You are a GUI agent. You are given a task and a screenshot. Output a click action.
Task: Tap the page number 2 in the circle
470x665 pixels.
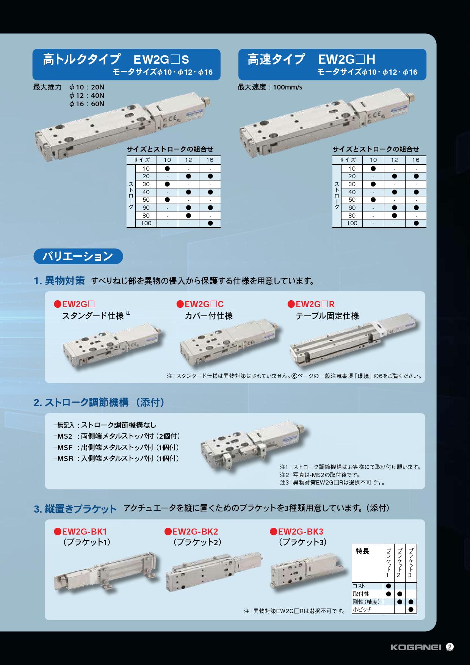click(x=450, y=647)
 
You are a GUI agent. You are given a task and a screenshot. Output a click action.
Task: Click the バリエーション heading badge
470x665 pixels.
click(x=78, y=256)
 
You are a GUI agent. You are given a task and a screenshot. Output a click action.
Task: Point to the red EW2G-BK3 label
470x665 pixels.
click(x=296, y=532)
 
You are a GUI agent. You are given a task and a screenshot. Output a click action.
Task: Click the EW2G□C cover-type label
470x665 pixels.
click(x=200, y=304)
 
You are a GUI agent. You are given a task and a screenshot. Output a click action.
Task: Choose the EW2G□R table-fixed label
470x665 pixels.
click(x=311, y=304)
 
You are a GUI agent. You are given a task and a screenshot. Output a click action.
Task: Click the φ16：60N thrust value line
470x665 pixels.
click(x=87, y=104)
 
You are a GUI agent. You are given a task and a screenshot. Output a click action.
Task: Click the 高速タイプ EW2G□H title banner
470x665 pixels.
click(x=332, y=64)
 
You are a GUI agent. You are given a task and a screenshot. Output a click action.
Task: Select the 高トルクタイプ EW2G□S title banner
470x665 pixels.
click(x=127, y=64)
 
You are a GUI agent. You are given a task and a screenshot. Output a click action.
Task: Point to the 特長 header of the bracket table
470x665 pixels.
click(x=362, y=551)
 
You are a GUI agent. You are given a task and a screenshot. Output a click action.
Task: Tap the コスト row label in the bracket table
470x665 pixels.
click(x=359, y=586)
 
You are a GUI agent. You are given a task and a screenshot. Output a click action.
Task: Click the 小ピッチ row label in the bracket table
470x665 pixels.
click(x=362, y=610)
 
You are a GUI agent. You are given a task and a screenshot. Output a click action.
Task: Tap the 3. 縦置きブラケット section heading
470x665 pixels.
click(x=75, y=509)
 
